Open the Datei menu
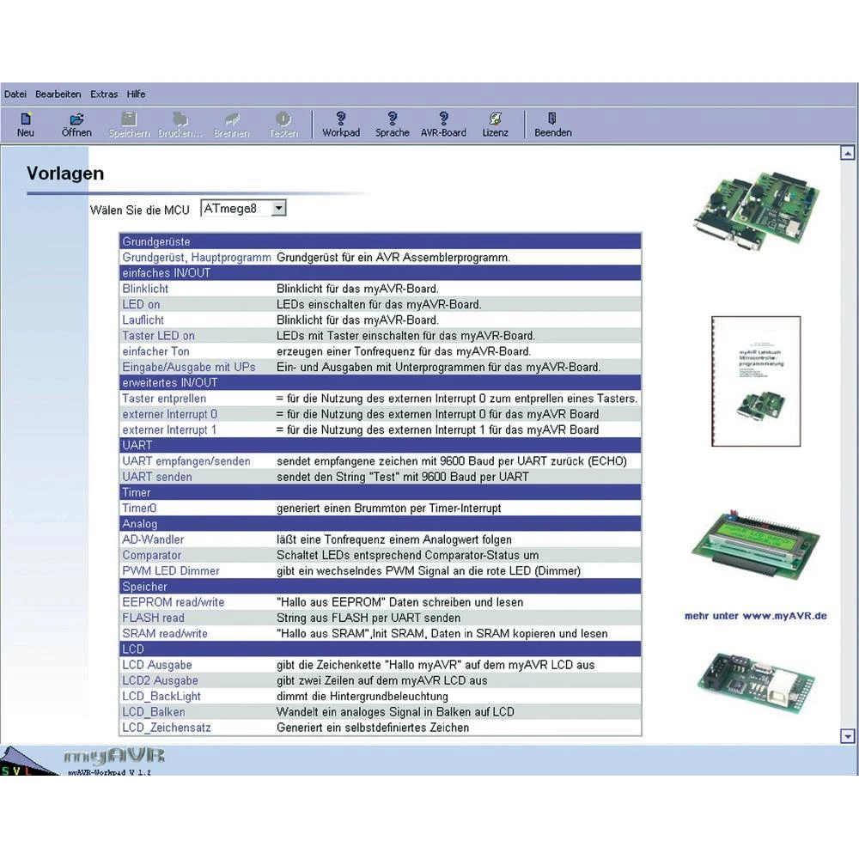click(x=15, y=94)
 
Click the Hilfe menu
click(x=136, y=94)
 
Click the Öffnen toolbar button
click(x=76, y=125)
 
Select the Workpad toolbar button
click(x=341, y=125)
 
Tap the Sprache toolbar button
click(x=393, y=125)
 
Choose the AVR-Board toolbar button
click(x=443, y=125)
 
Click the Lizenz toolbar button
click(x=495, y=125)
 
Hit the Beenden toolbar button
click(x=552, y=125)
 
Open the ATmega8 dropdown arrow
click(x=278, y=208)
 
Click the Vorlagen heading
click(x=65, y=174)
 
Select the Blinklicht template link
click(x=145, y=289)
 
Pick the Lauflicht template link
click(x=143, y=320)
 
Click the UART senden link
click(x=157, y=477)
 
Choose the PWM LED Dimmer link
click(x=171, y=570)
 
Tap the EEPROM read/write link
click(x=173, y=602)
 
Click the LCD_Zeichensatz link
click(x=167, y=728)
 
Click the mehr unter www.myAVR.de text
click(x=755, y=616)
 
